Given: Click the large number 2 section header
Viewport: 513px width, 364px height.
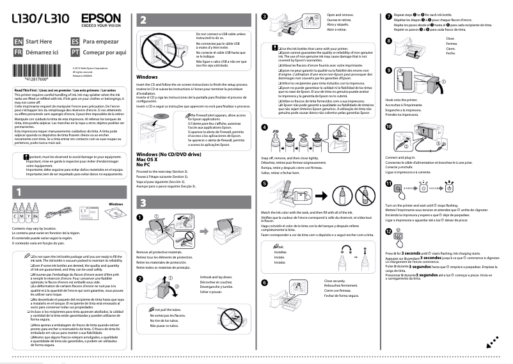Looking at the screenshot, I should click(143, 20).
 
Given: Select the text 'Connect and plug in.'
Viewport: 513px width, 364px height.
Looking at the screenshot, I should click(404, 157).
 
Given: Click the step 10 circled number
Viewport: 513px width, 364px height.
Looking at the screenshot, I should click(390, 128).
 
